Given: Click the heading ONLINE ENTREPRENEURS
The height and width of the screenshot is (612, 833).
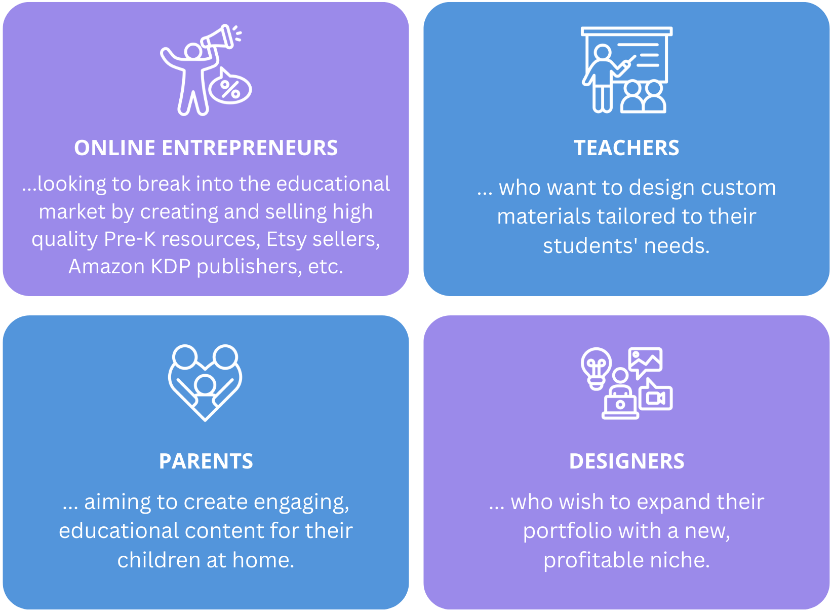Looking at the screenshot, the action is click(x=206, y=148).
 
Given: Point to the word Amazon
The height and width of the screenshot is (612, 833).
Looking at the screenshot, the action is click(x=107, y=267).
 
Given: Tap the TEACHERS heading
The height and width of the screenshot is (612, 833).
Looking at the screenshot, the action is click(x=626, y=148).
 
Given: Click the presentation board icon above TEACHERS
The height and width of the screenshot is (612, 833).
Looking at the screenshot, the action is click(x=626, y=69).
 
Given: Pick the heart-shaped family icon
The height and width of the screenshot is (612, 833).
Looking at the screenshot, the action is click(x=205, y=383).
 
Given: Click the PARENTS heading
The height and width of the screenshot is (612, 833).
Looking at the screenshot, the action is click(x=206, y=461).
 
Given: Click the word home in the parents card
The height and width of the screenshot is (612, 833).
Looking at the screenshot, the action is click(x=263, y=560).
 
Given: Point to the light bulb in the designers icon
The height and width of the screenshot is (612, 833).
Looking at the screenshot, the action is click(x=596, y=369).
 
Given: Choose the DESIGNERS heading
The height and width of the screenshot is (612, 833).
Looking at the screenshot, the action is click(x=627, y=461).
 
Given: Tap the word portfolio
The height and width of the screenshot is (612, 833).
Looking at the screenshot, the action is click(x=568, y=531).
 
